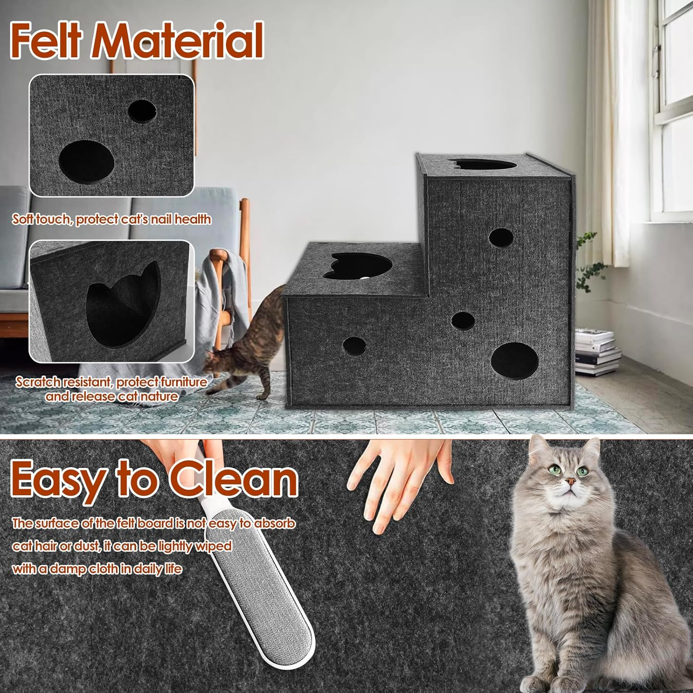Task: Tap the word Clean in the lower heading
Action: click(x=233, y=479)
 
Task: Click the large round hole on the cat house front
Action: click(x=514, y=361)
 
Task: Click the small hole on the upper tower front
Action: click(x=501, y=237)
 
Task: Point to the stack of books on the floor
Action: click(x=596, y=351)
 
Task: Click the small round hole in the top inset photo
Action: click(x=142, y=111)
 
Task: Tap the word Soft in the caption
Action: click(x=23, y=219)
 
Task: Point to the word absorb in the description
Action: click(x=273, y=523)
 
